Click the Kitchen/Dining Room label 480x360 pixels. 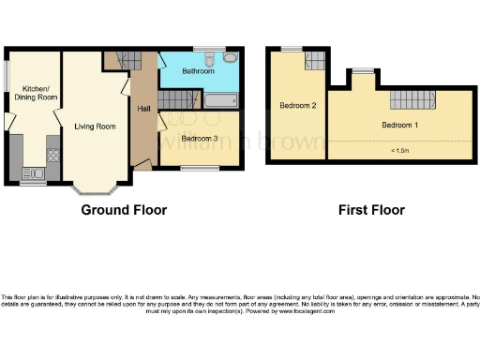click(x=33, y=94)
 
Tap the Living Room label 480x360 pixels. click(x=95, y=127)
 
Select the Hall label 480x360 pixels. click(x=144, y=109)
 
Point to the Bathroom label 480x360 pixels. click(x=198, y=71)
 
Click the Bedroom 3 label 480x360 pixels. click(x=201, y=140)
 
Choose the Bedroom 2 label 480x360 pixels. click(x=297, y=106)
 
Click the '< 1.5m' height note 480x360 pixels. click(x=400, y=149)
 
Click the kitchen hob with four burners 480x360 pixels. click(x=52, y=154)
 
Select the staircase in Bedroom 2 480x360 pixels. click(x=316, y=61)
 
